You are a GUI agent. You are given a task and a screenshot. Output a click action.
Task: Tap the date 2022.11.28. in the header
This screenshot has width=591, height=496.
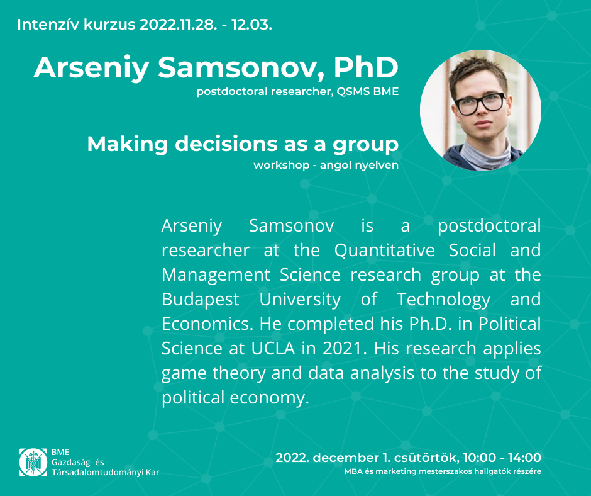(x=179, y=25)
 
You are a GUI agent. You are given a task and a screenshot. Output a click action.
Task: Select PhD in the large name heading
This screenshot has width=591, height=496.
(x=366, y=67)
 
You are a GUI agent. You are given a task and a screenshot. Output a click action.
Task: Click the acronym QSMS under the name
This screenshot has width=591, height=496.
(x=353, y=91)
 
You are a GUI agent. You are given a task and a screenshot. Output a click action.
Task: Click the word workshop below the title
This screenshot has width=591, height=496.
(x=282, y=165)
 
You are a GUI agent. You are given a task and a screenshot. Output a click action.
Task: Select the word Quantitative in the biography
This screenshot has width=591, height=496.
(x=384, y=251)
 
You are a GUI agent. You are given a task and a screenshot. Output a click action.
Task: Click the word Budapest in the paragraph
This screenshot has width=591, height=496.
(x=200, y=300)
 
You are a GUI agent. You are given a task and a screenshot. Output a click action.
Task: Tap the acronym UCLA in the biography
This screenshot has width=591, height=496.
(x=273, y=348)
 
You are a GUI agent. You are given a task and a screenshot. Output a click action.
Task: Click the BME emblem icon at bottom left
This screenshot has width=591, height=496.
(x=33, y=462)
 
